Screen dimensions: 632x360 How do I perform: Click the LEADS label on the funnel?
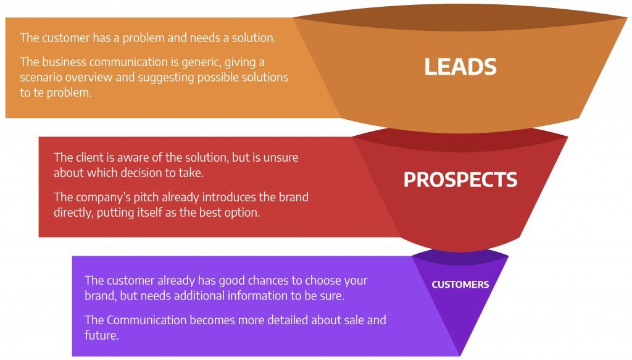click(460, 67)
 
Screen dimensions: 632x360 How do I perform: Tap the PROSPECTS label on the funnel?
click(460, 180)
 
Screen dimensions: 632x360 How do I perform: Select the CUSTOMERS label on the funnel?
click(460, 285)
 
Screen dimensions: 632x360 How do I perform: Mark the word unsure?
click(281, 157)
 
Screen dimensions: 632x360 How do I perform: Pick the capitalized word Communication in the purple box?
click(147, 320)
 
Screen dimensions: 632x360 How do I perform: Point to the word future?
click(102, 335)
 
